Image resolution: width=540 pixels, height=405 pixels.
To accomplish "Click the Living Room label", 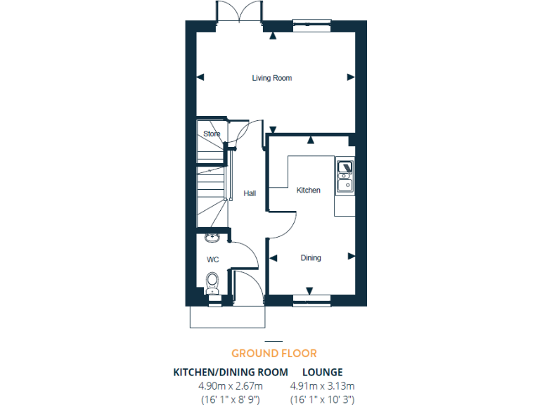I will click(271, 78).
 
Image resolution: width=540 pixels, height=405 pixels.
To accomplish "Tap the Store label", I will click(212, 134).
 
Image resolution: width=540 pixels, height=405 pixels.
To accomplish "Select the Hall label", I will click(250, 193).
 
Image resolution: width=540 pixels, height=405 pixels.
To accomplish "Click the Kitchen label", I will click(308, 191).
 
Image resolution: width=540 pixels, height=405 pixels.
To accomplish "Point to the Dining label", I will click(311, 258).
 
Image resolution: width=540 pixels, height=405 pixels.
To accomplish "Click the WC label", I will click(212, 259).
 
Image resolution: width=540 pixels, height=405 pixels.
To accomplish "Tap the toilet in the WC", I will click(212, 283).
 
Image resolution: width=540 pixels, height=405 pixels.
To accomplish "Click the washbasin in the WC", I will click(212, 238).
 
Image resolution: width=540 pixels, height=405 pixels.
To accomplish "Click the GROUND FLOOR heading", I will click(274, 353).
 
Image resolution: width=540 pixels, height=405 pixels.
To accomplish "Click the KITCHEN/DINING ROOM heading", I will click(231, 371).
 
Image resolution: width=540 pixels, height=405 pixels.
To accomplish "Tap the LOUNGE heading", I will click(322, 371).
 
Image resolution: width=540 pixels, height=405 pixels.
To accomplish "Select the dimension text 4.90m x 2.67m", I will click(231, 385).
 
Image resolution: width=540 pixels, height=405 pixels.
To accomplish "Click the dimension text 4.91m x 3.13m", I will click(322, 385).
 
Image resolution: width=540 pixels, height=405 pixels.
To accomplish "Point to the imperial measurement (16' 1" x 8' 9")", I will click(231, 399).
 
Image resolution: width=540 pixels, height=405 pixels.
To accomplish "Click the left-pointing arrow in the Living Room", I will click(200, 77).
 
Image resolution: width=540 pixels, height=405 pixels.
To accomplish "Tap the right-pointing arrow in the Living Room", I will click(351, 77).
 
